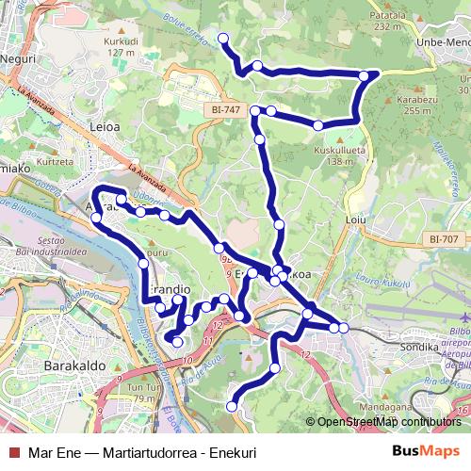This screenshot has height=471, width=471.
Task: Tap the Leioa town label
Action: [x=103, y=124]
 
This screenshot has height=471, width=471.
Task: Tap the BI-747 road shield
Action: [x=222, y=110]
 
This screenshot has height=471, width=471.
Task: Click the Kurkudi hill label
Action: [x=121, y=41]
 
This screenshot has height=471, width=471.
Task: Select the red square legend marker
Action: [x=13, y=452]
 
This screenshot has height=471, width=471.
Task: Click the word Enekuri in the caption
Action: [x=239, y=452]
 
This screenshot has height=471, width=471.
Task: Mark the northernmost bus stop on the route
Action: [x=223, y=38]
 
